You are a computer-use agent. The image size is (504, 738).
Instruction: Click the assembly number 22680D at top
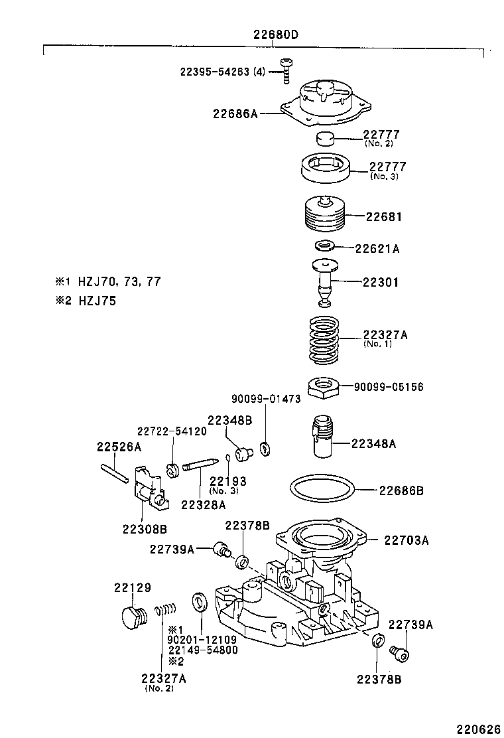(274, 35)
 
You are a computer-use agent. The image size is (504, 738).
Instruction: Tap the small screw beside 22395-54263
(285, 69)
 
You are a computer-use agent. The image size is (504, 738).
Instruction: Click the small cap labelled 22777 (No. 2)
(324, 139)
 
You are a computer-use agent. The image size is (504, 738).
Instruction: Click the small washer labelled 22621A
(324, 246)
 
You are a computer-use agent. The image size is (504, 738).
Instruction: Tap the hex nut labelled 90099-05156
(324, 387)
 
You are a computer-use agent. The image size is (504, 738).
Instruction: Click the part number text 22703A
(406, 540)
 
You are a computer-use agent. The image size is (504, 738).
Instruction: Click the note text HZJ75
(97, 301)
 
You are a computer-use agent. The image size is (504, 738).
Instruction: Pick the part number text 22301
(381, 282)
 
